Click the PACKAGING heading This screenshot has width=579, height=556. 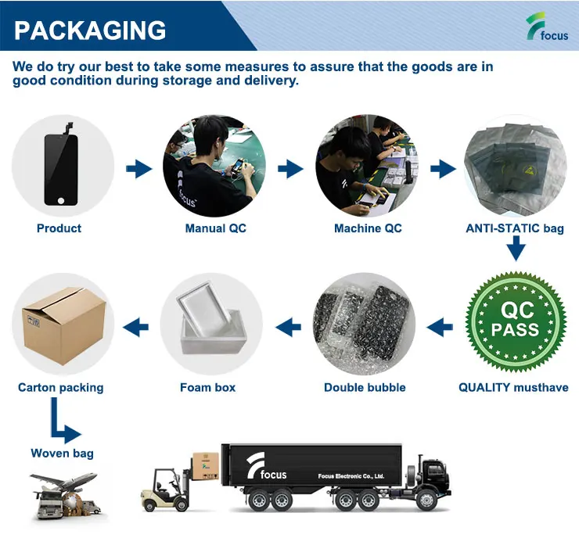coord(91,30)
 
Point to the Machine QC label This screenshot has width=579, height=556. coord(368,228)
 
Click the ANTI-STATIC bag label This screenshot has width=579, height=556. coord(515,228)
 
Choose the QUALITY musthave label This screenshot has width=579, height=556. coord(513,387)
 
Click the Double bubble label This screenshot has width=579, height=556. coord(365,387)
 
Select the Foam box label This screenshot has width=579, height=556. coord(207,387)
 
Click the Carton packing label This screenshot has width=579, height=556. coord(60,387)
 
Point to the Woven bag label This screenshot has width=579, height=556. coord(62,453)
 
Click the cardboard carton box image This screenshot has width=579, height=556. coord(61,323)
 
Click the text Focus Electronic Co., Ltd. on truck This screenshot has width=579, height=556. coord(351,475)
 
